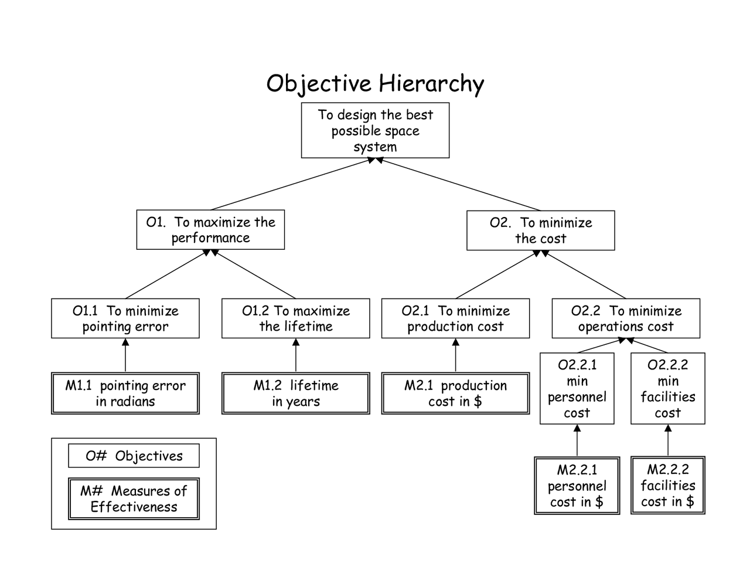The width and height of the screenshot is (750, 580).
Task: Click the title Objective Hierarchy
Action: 375,83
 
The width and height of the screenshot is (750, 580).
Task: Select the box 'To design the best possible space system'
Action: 375,131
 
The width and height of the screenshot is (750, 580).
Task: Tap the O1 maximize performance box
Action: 210,230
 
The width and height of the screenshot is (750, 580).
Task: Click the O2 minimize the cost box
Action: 540,230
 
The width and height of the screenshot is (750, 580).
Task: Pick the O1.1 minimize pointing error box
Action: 125,318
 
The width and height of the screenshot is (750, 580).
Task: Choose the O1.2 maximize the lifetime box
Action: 295,318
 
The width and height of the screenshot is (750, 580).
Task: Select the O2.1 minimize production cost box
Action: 455,318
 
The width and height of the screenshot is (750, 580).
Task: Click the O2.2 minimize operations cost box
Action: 626,318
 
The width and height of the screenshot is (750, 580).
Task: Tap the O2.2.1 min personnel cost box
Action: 577,388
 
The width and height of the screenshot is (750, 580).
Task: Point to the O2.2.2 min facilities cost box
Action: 667,388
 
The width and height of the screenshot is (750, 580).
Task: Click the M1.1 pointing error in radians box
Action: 125,394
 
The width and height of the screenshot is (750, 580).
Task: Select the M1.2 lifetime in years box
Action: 295,394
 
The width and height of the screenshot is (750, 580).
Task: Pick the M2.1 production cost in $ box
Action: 455,394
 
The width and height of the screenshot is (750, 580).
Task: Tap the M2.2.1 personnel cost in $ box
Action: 577,486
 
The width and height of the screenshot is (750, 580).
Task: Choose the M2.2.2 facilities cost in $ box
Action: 667,486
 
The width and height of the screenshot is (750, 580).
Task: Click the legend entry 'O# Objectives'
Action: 134,456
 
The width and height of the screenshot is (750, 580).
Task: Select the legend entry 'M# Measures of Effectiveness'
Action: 134,499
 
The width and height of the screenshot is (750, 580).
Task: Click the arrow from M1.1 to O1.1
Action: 125,355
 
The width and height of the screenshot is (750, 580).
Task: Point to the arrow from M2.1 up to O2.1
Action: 455,355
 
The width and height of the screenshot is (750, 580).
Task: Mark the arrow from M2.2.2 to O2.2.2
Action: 667,440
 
